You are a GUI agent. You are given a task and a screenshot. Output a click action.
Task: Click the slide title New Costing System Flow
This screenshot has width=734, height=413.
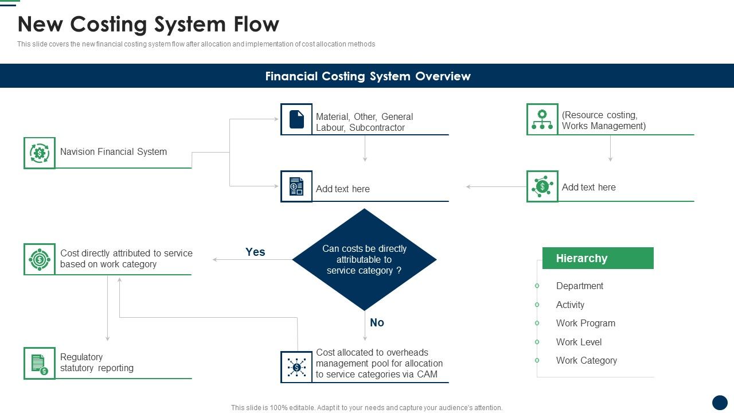click(148, 25)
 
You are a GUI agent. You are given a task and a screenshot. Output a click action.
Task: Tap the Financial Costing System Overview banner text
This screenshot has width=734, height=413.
click(368, 76)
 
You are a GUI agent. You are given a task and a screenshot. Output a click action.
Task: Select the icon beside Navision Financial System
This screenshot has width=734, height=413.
click(40, 153)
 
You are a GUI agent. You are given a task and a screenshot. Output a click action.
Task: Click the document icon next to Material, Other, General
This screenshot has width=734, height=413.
click(296, 119)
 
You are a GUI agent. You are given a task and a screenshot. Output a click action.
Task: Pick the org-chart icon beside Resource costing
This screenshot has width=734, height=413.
click(542, 119)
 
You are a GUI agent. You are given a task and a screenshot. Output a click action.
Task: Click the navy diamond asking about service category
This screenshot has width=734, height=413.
click(364, 259)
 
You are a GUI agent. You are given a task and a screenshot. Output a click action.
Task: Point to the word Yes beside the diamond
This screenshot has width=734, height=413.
click(255, 252)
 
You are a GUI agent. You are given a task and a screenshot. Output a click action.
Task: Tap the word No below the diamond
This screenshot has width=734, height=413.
click(377, 322)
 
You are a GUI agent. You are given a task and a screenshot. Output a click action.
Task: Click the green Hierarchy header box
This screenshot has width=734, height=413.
click(598, 258)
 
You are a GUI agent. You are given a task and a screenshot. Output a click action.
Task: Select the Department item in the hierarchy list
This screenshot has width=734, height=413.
click(579, 286)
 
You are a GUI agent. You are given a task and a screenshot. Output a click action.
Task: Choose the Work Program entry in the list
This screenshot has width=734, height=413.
click(585, 323)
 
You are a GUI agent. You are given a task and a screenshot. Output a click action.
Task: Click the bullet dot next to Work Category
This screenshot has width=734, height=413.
click(537, 360)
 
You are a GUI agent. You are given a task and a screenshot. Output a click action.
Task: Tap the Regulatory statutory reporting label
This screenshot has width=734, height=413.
click(96, 363)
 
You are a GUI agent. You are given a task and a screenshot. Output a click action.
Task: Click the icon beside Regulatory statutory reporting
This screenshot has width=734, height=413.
click(40, 363)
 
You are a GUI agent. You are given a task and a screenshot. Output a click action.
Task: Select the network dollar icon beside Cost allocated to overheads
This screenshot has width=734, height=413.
click(296, 367)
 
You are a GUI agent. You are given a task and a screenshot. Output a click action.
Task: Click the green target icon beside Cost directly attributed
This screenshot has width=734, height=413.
click(40, 259)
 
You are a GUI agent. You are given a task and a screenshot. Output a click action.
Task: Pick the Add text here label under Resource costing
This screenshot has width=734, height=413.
click(588, 187)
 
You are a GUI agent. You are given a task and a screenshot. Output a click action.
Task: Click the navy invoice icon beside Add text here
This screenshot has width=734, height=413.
click(296, 186)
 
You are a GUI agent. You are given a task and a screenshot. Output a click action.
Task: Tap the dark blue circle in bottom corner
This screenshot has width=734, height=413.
click(720, 403)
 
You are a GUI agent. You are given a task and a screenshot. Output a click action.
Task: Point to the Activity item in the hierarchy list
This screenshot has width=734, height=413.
click(570, 305)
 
